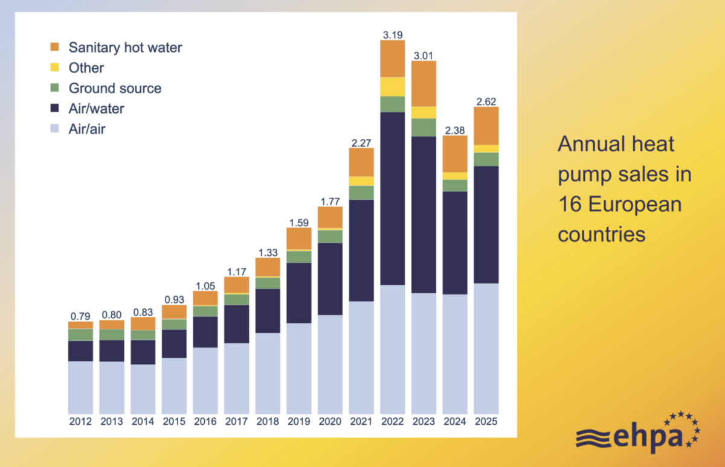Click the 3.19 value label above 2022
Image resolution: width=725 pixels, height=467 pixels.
392,34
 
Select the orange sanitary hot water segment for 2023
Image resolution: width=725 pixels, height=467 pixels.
424,83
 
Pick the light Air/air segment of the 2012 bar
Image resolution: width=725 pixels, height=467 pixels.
80,386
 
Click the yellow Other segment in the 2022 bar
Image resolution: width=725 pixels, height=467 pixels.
392,87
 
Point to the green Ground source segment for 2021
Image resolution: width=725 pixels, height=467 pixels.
361,192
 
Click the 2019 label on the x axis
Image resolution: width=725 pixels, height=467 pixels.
298,421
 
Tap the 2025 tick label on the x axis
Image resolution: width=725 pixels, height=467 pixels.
486,421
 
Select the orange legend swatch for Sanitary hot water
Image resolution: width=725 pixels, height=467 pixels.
55,48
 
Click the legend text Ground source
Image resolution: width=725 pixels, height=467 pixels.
115,88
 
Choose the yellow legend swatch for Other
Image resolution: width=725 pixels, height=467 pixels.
55,68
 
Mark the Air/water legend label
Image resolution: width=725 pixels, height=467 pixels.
97,109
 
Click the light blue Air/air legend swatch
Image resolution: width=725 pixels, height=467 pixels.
55,129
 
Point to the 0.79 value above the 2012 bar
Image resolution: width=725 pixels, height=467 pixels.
80,316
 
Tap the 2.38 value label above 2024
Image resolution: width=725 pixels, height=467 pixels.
455,129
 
